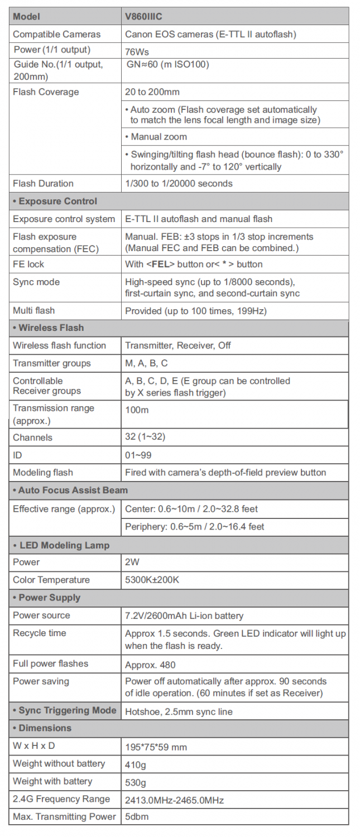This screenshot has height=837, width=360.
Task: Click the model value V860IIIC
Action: coord(143,17)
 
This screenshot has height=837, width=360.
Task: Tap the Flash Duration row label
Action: coord(43,184)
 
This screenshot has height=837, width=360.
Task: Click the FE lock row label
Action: coord(28,264)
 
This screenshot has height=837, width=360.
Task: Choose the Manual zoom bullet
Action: coord(159,137)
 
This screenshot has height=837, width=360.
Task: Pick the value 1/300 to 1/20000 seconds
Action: coord(179,184)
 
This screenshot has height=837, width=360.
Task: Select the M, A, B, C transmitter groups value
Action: coord(146,363)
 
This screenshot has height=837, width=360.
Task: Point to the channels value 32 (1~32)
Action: coord(145,437)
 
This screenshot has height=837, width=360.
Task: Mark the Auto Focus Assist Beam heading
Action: coord(70,490)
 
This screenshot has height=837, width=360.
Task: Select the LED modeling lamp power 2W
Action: coord(132,562)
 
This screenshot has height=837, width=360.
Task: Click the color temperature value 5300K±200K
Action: coord(152,580)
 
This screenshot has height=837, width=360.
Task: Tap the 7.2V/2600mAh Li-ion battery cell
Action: coord(184,616)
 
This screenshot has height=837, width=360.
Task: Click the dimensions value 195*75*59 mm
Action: coord(156,747)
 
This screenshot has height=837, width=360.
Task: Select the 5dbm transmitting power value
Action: coord(137,817)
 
